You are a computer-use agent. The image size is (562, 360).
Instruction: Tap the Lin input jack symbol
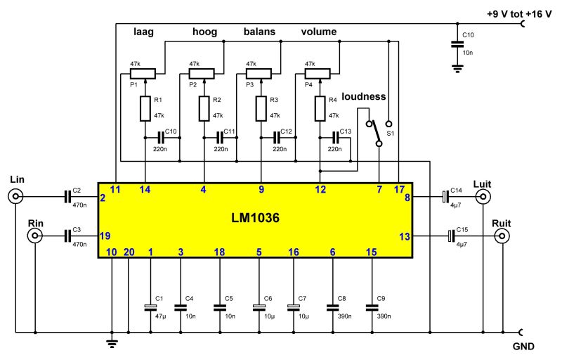click(15, 198)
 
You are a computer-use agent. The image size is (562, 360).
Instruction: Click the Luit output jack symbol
click(483, 198)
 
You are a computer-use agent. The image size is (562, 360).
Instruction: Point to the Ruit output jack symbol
click(502, 237)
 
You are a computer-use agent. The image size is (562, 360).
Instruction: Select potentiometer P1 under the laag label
click(143, 72)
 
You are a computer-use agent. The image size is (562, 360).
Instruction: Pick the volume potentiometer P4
click(320, 72)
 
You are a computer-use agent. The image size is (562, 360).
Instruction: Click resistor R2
click(203, 108)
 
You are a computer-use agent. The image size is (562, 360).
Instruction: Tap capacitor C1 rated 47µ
click(150, 307)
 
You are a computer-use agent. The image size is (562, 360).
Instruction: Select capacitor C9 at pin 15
click(371, 307)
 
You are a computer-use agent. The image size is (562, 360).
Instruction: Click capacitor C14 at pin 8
click(444, 198)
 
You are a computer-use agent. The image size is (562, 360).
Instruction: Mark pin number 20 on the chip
click(128, 252)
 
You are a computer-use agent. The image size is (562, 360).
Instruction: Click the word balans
click(260, 32)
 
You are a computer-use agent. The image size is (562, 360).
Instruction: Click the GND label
click(523, 346)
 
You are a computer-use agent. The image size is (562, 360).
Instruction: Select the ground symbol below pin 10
click(112, 342)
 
